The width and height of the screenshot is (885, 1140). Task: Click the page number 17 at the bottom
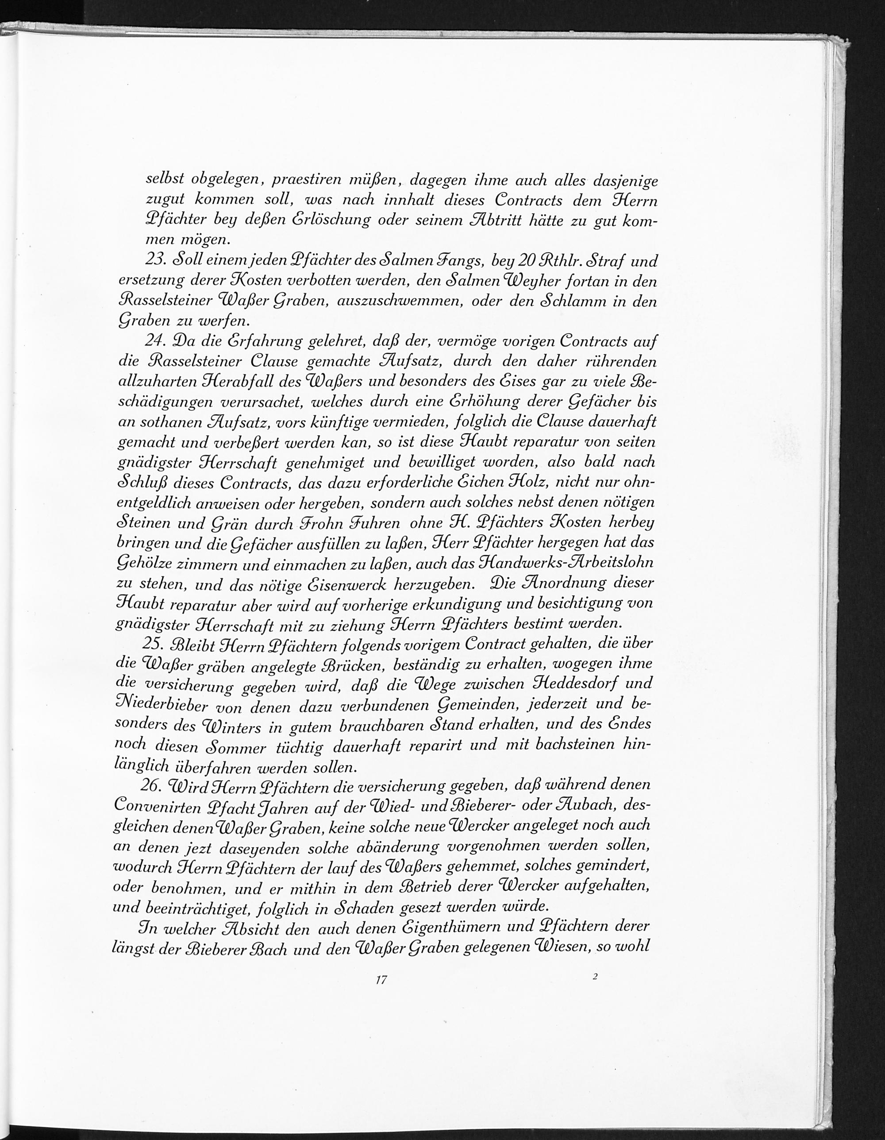(381, 980)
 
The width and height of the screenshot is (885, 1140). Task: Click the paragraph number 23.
(156, 260)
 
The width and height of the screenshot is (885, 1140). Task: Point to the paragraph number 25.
(154, 644)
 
